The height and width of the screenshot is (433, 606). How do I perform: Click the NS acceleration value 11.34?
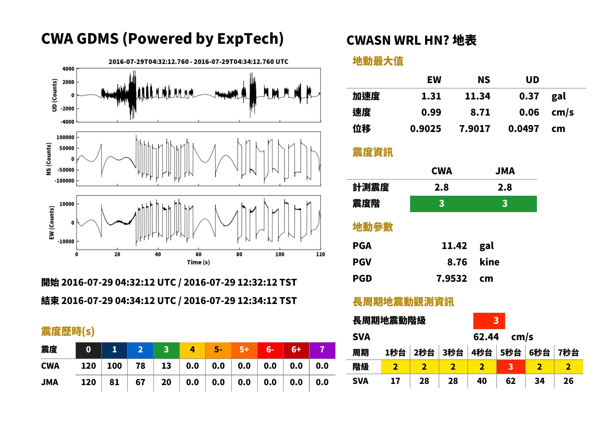[477, 96]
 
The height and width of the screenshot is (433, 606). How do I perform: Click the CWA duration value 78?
[140, 366]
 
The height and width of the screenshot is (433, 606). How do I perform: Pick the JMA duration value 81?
[114, 382]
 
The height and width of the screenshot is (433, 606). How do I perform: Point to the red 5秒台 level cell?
[510, 367]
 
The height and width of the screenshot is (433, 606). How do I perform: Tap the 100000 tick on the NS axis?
[65, 137]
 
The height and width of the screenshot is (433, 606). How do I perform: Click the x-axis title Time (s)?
[198, 262]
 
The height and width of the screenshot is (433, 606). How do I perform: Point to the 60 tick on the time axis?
[199, 254]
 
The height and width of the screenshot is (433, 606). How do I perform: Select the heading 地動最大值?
[378, 61]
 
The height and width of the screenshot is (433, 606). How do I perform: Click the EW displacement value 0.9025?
[425, 129]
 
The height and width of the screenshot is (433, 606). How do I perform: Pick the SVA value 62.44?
[486, 337]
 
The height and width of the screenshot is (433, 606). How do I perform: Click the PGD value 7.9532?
[451, 278]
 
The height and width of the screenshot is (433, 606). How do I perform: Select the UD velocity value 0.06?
[529, 112]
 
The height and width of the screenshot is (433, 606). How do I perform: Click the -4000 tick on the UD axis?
[67, 122]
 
